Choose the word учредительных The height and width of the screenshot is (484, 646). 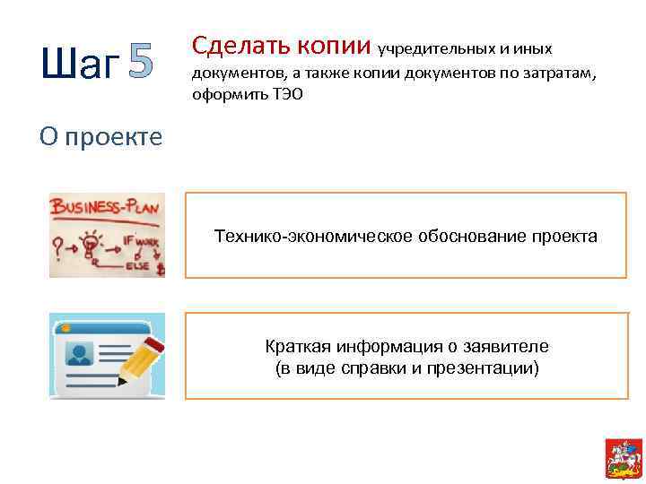tap(427, 47)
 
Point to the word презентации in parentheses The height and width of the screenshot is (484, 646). tap(484, 367)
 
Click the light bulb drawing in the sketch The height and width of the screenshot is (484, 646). tap(91, 243)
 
